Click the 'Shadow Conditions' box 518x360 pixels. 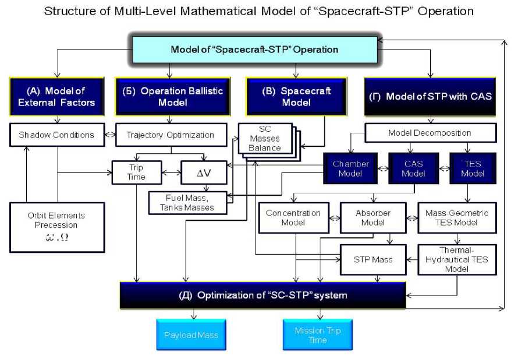coord(57,135)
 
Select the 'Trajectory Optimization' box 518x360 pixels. coord(171,135)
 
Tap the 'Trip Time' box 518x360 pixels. coord(137,172)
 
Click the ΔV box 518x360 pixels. coord(204,172)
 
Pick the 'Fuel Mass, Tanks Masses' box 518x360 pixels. coord(187,203)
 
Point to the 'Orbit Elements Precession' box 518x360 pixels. coord(57,227)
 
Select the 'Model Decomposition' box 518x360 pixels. coord(431,133)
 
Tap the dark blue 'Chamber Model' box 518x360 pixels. coord(350,168)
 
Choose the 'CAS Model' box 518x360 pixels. coord(414,168)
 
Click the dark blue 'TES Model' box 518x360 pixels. coord(473,168)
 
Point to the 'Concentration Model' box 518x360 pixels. coord(294,218)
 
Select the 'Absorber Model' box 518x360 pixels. coord(373,218)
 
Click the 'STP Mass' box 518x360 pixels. coord(373,260)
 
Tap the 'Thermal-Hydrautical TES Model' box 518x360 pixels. coord(457,260)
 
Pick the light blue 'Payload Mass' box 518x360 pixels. coord(191,334)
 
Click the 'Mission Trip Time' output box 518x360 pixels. coord(318,334)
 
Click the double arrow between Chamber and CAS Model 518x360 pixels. coord(383,168)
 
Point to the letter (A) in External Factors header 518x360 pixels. coord(33,90)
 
